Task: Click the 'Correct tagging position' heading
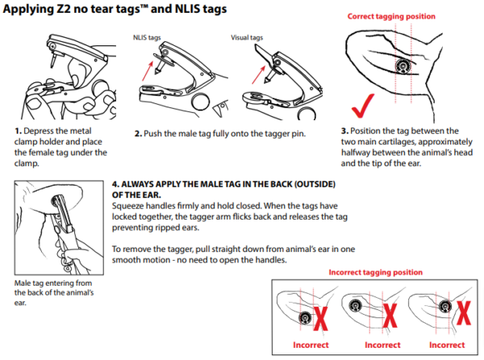pyautogui.click(x=392, y=16)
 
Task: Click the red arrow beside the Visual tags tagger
pyautogui.click(x=246, y=69)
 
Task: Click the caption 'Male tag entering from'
pyautogui.click(x=50, y=283)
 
